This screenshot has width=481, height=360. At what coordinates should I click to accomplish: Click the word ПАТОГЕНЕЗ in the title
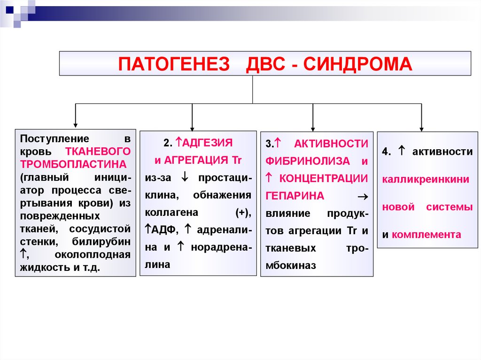[x=174, y=64]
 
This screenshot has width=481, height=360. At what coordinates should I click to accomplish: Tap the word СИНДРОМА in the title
[x=357, y=64]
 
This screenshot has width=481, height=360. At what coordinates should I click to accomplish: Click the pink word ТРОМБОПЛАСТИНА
[x=73, y=164]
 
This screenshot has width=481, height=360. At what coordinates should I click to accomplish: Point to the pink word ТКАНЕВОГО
[x=98, y=152]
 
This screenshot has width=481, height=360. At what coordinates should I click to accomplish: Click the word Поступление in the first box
[x=54, y=139]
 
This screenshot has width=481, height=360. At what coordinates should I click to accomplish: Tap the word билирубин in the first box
[x=101, y=242]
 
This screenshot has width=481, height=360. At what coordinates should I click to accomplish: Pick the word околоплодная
[x=93, y=255]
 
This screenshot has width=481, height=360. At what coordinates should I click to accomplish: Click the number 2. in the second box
[x=168, y=143]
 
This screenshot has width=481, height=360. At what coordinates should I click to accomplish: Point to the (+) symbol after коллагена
[x=243, y=213]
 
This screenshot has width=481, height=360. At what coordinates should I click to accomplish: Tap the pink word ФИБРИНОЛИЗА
[x=308, y=161]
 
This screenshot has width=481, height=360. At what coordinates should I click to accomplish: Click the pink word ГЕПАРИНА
[x=295, y=196]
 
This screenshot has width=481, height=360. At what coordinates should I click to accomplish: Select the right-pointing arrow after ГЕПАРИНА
[x=363, y=197]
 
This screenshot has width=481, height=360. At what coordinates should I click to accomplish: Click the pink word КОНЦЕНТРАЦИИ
[x=324, y=178]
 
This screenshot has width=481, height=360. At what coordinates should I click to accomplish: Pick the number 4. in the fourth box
[x=387, y=152]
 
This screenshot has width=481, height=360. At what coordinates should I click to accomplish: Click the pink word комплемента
[x=427, y=235]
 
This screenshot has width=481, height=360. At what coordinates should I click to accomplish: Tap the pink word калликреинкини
[x=426, y=179]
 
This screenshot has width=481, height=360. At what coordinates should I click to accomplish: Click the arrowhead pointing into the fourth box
[x=421, y=130]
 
